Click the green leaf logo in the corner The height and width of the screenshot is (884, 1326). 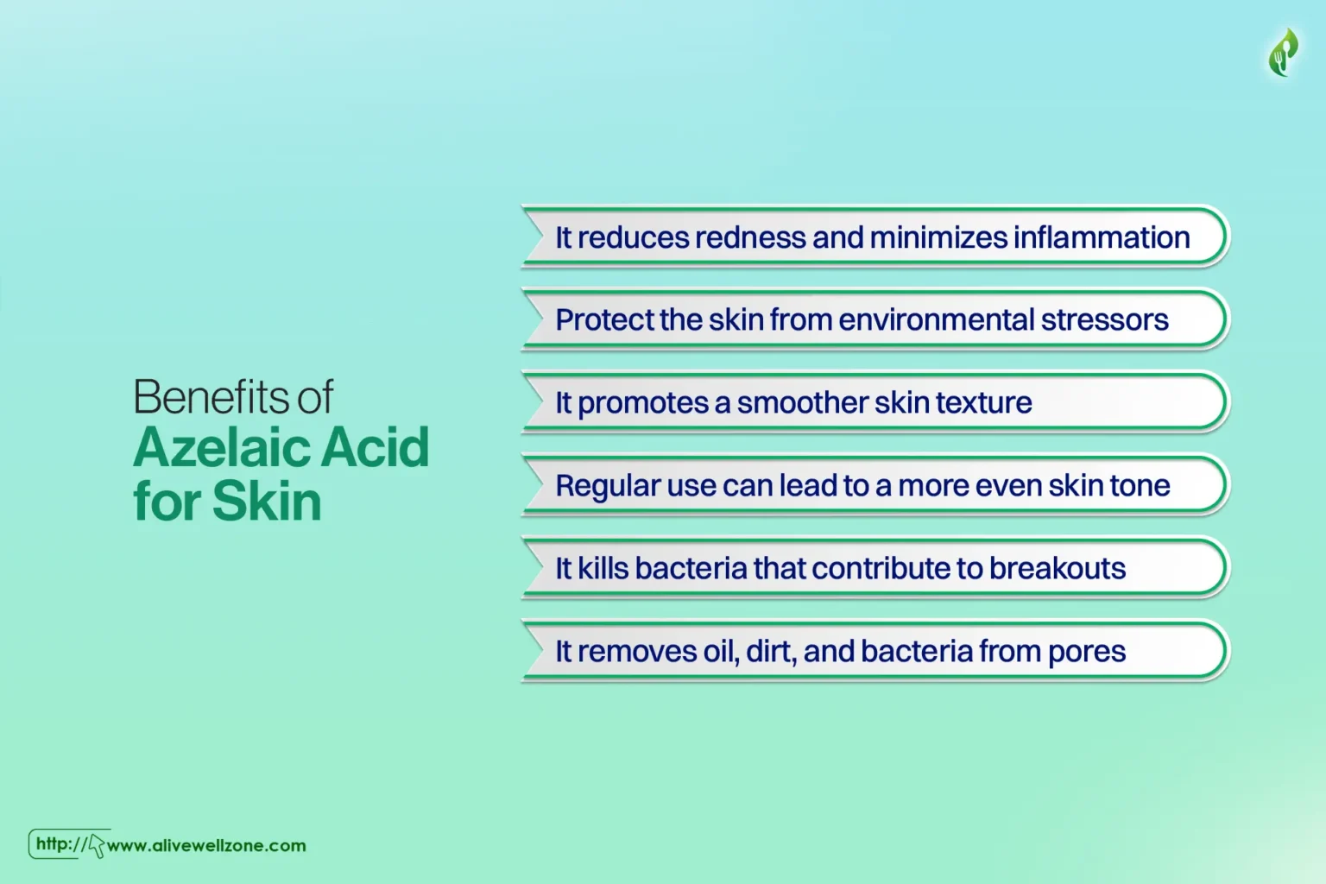pos(1284,53)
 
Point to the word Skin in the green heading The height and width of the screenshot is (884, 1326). pos(267,501)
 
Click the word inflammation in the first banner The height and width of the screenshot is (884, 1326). pos(1102,237)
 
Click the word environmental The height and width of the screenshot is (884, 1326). pos(937,319)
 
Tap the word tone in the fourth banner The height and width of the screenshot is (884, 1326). pos(1140,486)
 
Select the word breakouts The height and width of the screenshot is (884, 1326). pos(1058,568)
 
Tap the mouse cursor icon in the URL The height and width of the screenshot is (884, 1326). pos(96,845)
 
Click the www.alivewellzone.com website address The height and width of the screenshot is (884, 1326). pos(206,845)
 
